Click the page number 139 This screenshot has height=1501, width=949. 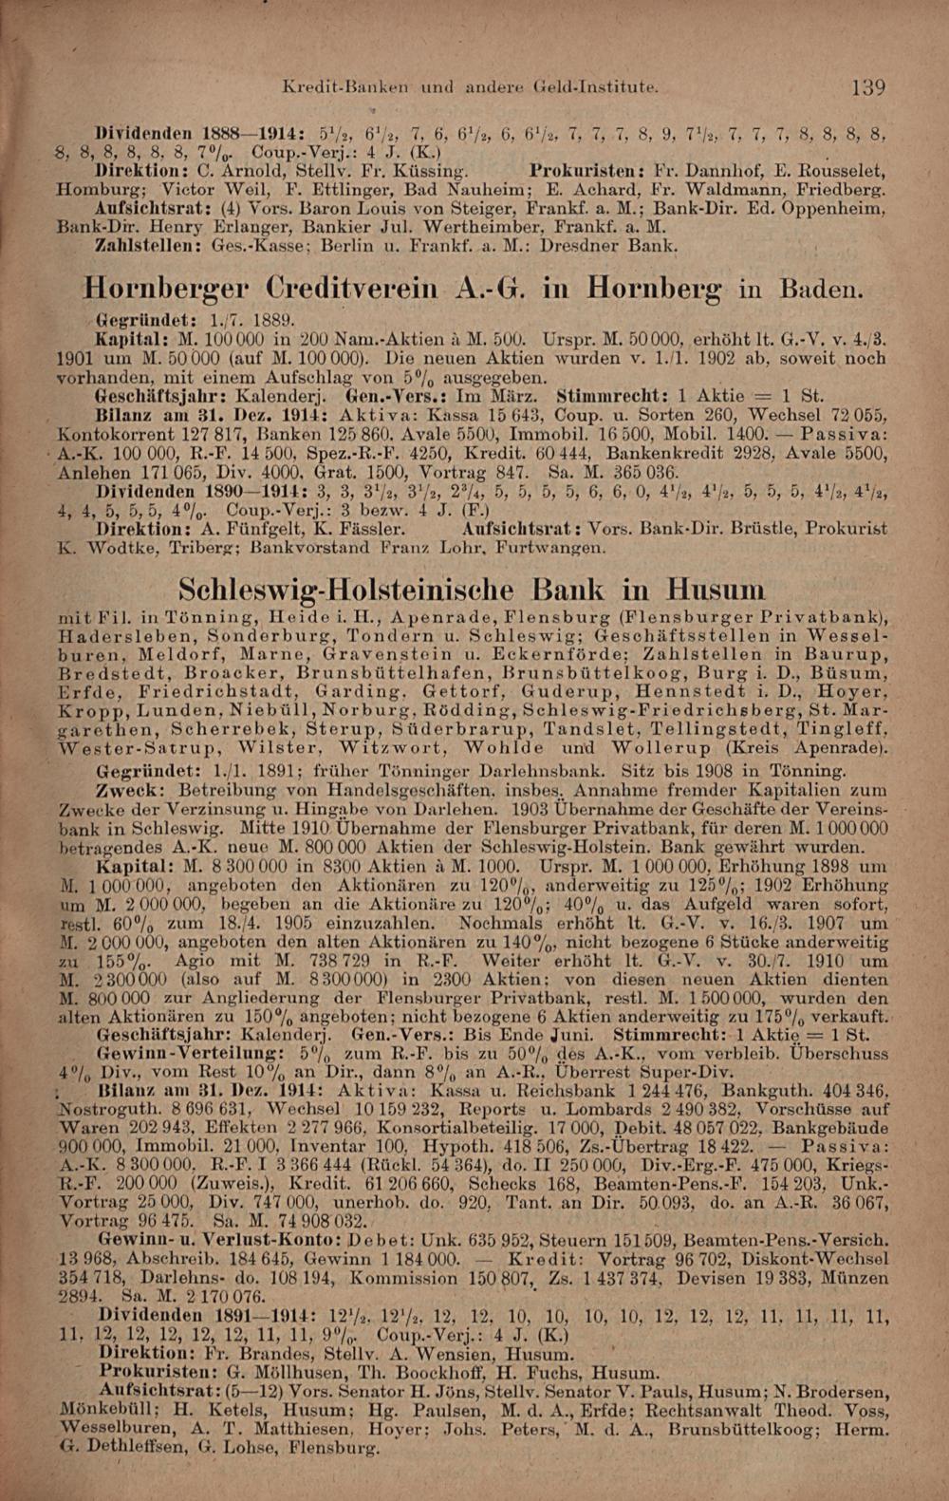(x=868, y=88)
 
